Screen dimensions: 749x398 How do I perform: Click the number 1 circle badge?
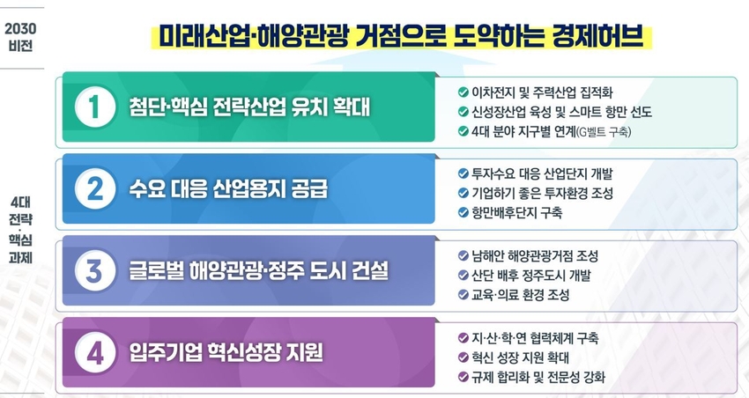pyautogui.click(x=95, y=107)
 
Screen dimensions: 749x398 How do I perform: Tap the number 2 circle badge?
pyautogui.click(x=95, y=189)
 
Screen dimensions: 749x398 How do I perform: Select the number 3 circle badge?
pyautogui.click(x=95, y=270)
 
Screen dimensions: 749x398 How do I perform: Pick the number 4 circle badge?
pyautogui.click(x=95, y=353)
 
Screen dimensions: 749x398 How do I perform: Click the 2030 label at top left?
pyautogui.click(x=20, y=29)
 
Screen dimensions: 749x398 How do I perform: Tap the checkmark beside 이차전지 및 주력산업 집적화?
pyautogui.click(x=463, y=92)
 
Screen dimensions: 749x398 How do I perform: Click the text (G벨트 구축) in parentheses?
pyautogui.click(x=604, y=132)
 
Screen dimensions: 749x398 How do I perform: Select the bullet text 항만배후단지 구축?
pyautogui.click(x=516, y=212)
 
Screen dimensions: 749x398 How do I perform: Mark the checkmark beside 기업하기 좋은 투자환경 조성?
pyautogui.click(x=463, y=193)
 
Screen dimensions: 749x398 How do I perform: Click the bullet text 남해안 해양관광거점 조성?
pyautogui.click(x=535, y=255)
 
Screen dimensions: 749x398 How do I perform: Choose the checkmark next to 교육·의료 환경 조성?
pyautogui.click(x=463, y=294)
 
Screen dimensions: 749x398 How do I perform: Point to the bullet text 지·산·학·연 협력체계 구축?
pyautogui.click(x=535, y=338)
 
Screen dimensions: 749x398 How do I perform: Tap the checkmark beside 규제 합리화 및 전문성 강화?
pyautogui.click(x=463, y=377)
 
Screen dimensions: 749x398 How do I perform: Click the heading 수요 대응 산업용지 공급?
pyautogui.click(x=228, y=189)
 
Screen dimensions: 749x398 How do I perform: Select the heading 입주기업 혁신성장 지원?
pyautogui.click(x=226, y=353)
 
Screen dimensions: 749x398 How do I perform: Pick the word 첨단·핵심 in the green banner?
pyautogui.click(x=168, y=107)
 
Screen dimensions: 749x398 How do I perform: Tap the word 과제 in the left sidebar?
pyautogui.click(x=20, y=258)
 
